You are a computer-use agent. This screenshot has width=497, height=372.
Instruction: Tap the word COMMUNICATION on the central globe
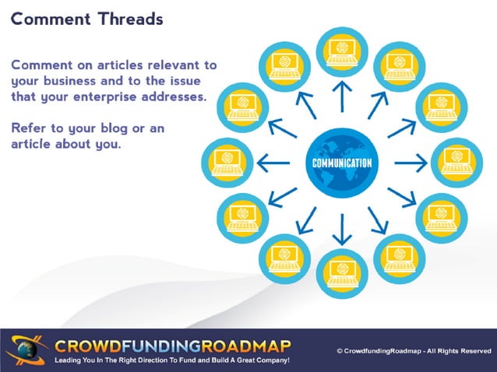(x=341, y=163)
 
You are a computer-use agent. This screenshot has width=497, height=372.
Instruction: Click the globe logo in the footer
(x=25, y=349)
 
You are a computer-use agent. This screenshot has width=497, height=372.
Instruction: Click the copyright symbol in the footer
(x=340, y=351)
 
